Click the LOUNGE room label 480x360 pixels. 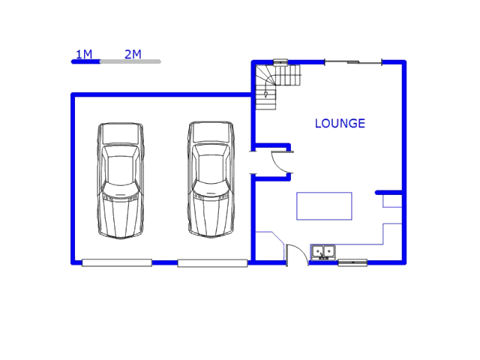coord(340,124)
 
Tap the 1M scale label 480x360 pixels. coord(83,54)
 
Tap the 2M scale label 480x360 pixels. coord(133,54)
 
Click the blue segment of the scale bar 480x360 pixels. coord(85,61)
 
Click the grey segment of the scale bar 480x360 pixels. coord(130,61)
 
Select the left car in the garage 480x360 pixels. coord(120,180)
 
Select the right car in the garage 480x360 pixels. coord(210,180)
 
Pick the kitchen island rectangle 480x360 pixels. coord(324,206)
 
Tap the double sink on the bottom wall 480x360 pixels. coord(323,252)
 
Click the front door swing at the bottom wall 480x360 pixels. coord(296,253)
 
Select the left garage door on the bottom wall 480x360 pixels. coord(117,262)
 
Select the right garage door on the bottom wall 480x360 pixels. coord(212,262)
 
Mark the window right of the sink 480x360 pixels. coord(352,262)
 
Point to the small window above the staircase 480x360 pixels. coord(280,61)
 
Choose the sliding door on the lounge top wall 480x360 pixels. coord(352,61)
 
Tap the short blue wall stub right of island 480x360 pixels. coord(388,193)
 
